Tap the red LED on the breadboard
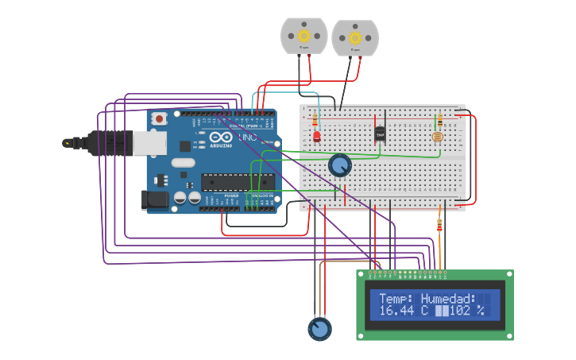tap(316, 137)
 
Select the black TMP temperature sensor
tap(380, 134)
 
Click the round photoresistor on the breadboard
tap(436, 137)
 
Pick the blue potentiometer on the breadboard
tap(339, 165)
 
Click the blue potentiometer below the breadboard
tap(319, 328)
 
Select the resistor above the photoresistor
tap(439, 120)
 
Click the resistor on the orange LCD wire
tap(439, 226)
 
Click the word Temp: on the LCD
tap(396, 299)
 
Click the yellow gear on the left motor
tap(303, 35)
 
